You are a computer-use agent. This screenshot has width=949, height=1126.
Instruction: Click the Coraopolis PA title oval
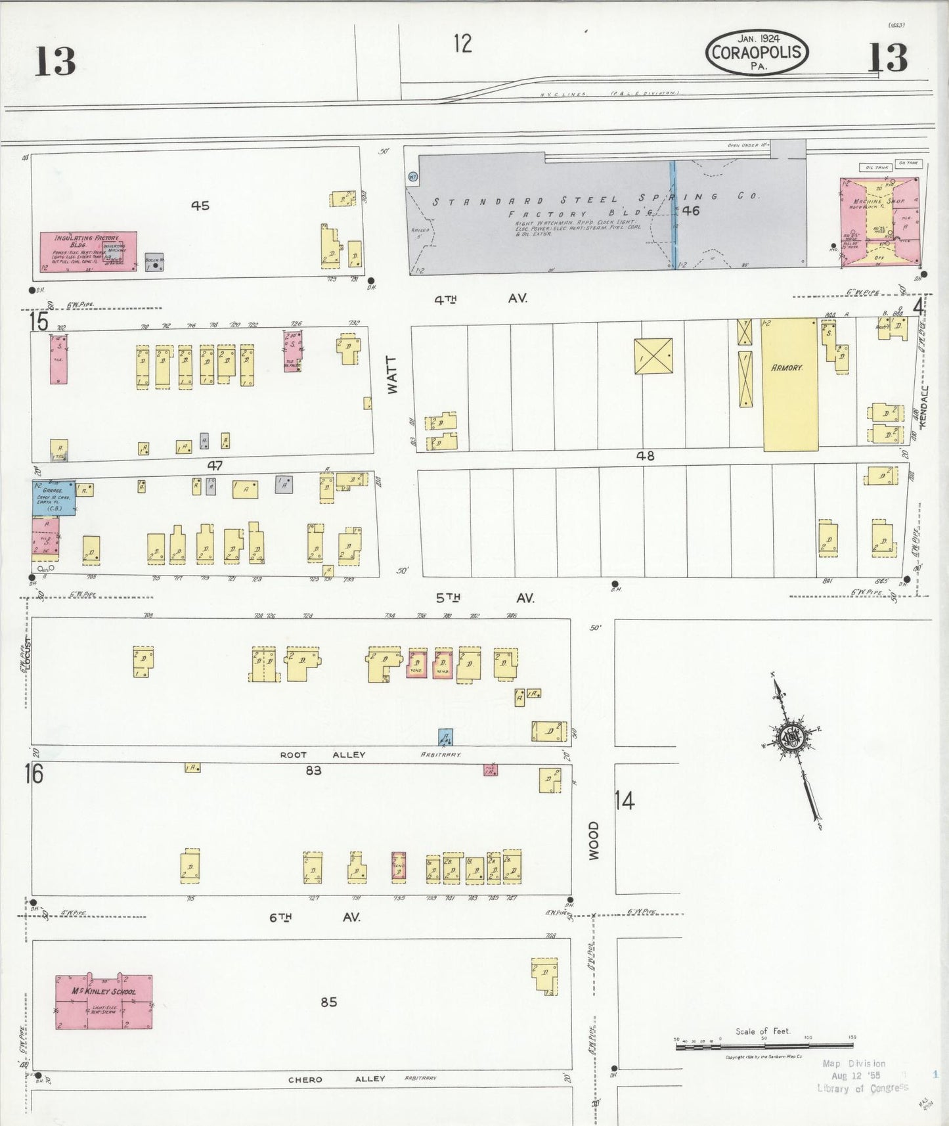click(757, 52)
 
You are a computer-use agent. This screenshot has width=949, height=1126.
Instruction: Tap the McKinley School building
click(104, 1001)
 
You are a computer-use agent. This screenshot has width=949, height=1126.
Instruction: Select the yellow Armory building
click(789, 384)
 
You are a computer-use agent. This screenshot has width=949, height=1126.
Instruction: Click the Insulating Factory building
click(88, 251)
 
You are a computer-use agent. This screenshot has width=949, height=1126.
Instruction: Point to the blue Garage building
click(54, 497)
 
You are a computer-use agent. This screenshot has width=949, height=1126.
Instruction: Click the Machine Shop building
click(879, 221)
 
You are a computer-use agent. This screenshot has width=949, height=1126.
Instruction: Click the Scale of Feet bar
click(764, 1044)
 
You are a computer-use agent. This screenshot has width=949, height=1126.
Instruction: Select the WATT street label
click(393, 375)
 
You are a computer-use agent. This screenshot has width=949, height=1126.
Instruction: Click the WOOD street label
click(594, 840)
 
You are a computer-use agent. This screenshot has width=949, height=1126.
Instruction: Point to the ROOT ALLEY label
click(322, 755)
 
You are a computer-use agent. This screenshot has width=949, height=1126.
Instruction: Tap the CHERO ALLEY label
click(337, 1079)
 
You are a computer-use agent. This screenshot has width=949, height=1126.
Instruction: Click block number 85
click(329, 1002)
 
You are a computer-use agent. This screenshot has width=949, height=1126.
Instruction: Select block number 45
click(200, 206)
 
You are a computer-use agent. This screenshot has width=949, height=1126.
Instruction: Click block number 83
click(313, 770)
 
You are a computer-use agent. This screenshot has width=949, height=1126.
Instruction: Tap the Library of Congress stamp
click(861, 1076)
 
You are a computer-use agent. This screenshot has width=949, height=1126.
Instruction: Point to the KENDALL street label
click(924, 407)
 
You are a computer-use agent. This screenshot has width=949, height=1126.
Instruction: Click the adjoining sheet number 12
click(462, 43)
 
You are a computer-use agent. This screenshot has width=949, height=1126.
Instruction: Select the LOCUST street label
click(28, 653)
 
